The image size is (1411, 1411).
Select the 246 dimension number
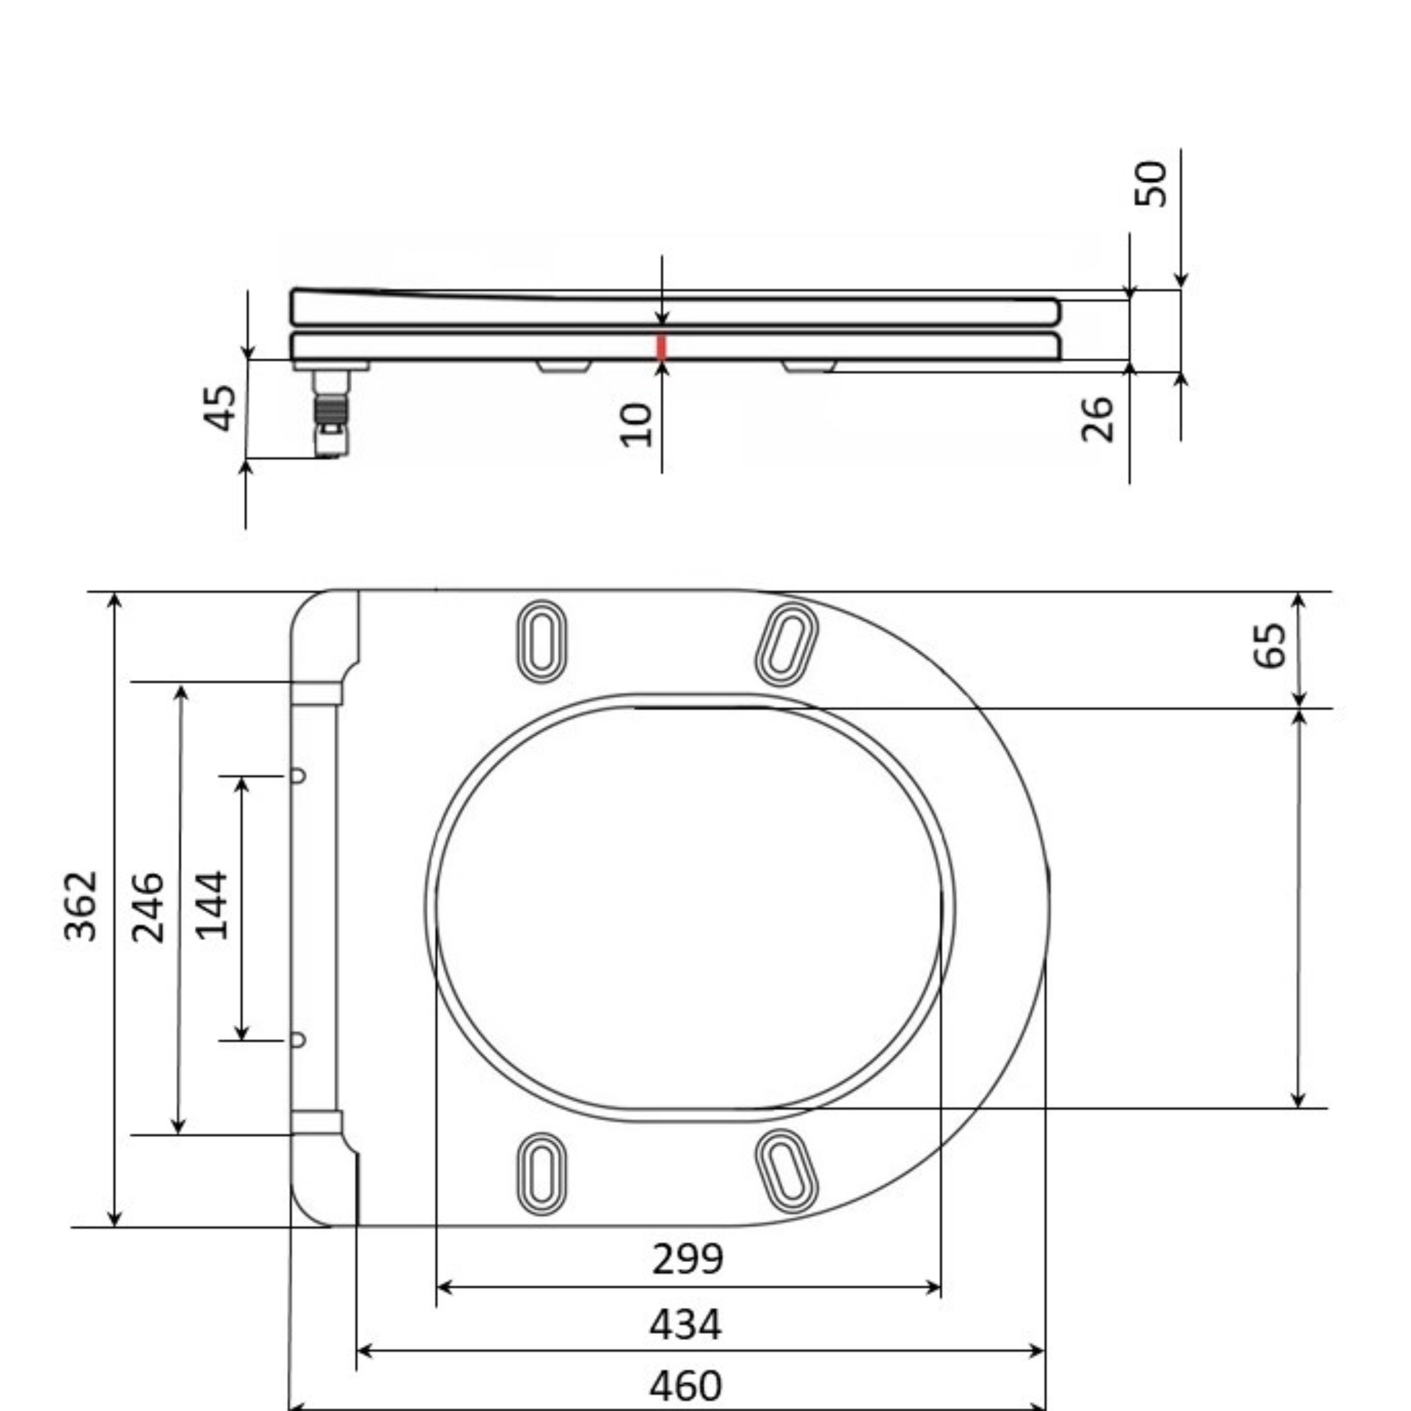coord(148,907)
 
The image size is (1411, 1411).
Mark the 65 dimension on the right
coord(1269,645)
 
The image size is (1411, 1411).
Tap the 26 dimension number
coord(1098,419)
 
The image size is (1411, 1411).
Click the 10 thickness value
coord(636,424)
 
